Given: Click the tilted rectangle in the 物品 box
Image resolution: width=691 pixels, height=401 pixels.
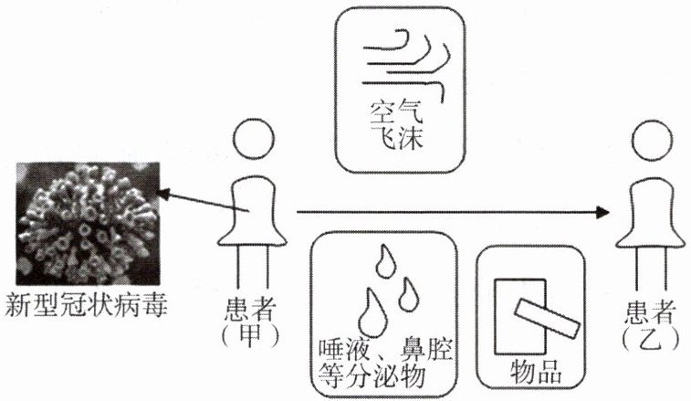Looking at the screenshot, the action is coord(544,316).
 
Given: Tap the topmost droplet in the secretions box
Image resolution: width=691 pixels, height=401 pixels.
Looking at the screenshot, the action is coord(385,263).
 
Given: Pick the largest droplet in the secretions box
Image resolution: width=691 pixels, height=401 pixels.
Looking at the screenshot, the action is coord(371,312).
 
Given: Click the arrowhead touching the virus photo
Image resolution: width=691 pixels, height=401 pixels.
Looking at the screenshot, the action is coord(162,193).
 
